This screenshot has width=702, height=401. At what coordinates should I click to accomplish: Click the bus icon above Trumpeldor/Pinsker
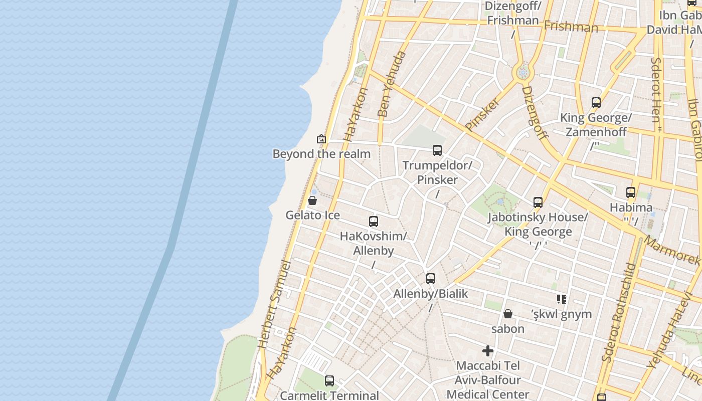[x=437, y=150]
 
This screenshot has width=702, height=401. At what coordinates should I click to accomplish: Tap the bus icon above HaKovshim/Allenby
[x=374, y=221]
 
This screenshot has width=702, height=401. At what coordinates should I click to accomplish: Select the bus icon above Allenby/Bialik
[x=431, y=279]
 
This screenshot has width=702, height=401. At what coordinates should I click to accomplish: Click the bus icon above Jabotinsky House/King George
[x=538, y=203]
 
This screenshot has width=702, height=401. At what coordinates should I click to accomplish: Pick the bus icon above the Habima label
[x=631, y=192]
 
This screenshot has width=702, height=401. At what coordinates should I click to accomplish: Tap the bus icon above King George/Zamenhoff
[x=596, y=103]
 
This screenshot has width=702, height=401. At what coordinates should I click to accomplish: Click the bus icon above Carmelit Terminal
[x=329, y=381]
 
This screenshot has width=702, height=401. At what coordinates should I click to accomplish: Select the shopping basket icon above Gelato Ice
[x=312, y=201]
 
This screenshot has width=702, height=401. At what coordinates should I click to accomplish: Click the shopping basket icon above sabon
[x=508, y=314]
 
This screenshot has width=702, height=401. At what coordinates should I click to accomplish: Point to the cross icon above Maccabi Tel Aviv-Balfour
[x=488, y=351]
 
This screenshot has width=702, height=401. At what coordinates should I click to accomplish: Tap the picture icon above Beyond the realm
[x=321, y=139]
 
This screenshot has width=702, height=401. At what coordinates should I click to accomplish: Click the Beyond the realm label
[x=321, y=154]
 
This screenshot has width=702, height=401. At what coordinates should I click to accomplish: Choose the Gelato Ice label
[x=312, y=216]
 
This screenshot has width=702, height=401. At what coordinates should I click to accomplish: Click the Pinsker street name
[x=482, y=114]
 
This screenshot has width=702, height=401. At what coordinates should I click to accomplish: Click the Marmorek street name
[x=671, y=250]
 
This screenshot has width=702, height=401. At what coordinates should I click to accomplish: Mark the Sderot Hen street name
[x=656, y=90]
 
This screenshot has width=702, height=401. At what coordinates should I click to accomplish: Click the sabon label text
[x=508, y=329]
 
